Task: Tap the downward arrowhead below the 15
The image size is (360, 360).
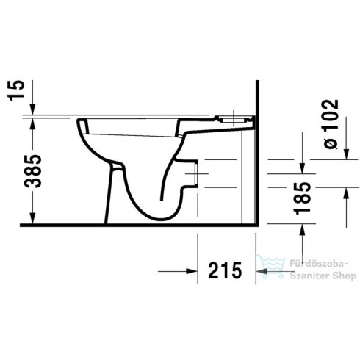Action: coord(32,109)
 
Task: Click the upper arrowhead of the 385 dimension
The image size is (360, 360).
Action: coord(32,124)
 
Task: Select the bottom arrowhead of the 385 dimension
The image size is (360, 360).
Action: coord(32,218)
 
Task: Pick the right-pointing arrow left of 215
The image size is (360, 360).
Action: coord(188,272)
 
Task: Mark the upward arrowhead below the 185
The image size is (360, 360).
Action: coord(302,231)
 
